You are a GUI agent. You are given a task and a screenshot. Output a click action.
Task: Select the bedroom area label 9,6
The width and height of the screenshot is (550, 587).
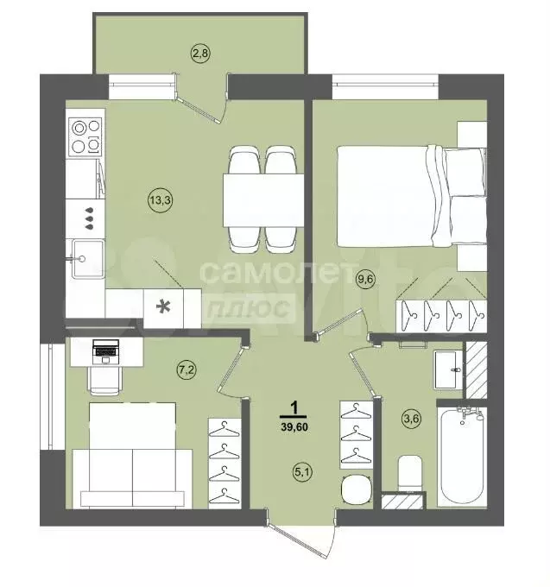click(x=366, y=279)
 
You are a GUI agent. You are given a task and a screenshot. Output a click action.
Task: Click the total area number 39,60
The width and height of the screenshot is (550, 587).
click(x=296, y=423)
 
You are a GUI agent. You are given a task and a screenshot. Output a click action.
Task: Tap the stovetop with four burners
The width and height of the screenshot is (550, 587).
click(x=85, y=135)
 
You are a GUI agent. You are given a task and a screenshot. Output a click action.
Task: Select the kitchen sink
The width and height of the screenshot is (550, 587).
click(x=86, y=258)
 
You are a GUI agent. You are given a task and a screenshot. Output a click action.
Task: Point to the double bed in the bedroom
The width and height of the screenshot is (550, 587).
click(x=396, y=194)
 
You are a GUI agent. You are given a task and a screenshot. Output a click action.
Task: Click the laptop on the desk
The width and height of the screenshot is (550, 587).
click(x=105, y=349)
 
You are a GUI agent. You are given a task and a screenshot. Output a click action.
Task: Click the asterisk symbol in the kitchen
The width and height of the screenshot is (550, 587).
click(x=161, y=306)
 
